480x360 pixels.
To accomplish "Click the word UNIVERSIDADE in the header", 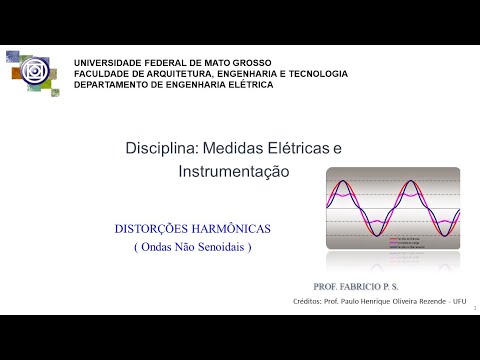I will pos(108,62).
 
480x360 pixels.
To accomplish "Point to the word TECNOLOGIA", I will pos(314,73).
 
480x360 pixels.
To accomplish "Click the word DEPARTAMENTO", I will pos(114,84).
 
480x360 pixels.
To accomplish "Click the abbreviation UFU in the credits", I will pos(459,300).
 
